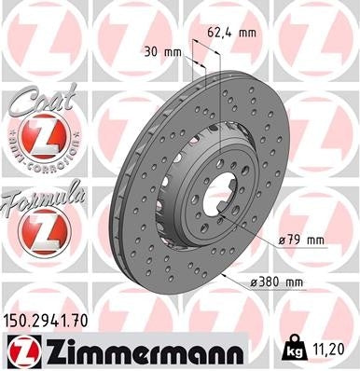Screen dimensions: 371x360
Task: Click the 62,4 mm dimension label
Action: (232, 33)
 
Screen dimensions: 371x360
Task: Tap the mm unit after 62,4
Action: (246, 33)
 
